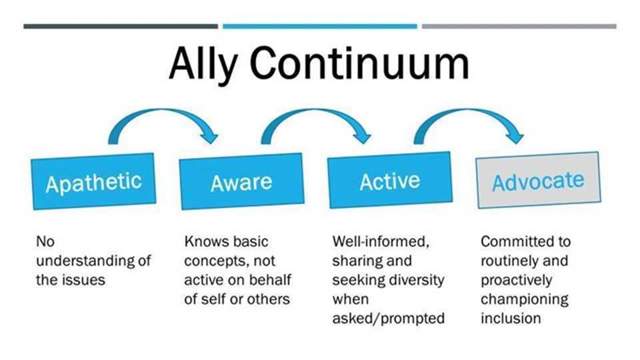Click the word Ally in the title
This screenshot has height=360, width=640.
pos(203,65)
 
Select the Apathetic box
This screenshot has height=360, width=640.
pos(93,181)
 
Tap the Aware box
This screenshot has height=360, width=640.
pos(241,181)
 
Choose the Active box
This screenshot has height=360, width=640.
pos(390,180)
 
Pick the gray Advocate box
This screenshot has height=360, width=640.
pos(539,180)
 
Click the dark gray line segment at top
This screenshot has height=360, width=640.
pos(121,27)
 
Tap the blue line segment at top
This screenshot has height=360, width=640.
pos(320,27)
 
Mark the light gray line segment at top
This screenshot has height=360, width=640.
pos(519,27)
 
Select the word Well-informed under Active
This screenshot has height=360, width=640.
pos(381,241)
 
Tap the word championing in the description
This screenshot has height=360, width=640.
pos(525,300)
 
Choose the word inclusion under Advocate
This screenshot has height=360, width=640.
pos(511,318)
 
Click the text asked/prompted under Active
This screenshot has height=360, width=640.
pos(388,319)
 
